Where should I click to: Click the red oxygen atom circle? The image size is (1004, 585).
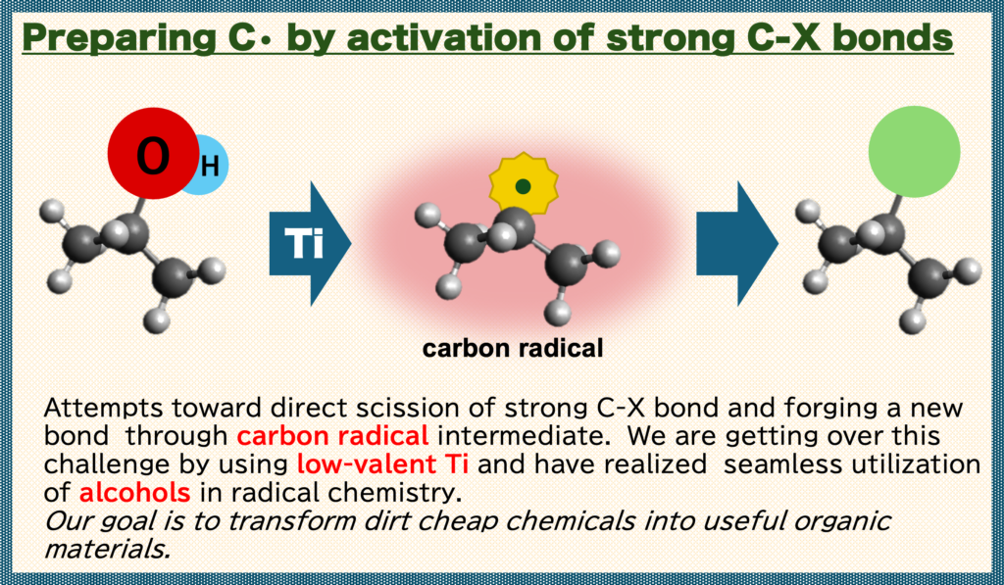pos(153,154)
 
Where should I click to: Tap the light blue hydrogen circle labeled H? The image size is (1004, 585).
pos(210,166)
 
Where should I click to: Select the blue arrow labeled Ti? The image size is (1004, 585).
pos(310,243)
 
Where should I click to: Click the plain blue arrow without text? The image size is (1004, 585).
pos(737,243)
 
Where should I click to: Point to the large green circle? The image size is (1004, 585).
pos(914,152)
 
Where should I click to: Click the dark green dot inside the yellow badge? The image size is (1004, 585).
pos(524,186)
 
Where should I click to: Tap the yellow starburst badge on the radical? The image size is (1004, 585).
pos(524,184)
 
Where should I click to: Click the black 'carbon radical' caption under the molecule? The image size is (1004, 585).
pos(512,348)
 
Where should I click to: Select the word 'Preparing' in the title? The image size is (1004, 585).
pos(119,38)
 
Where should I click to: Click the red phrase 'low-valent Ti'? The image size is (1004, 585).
pos(382,463)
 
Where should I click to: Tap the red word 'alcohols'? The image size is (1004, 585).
pos(134,492)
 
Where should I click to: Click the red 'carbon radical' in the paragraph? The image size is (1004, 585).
pos(332,435)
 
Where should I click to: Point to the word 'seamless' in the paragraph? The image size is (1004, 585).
pos(781,463)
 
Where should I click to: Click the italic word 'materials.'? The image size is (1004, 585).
pos(107,549)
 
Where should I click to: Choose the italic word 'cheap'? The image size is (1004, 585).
pos(457,521)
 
